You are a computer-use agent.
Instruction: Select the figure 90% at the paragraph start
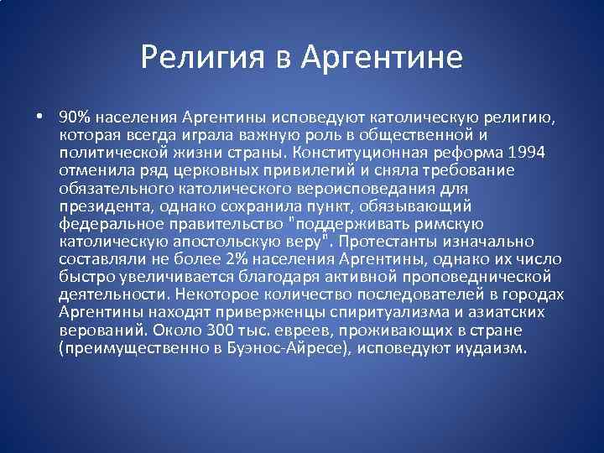(x=75, y=117)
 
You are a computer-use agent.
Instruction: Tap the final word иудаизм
(x=494, y=347)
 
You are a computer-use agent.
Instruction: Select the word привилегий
(x=284, y=170)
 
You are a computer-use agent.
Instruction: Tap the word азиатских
(x=511, y=311)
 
